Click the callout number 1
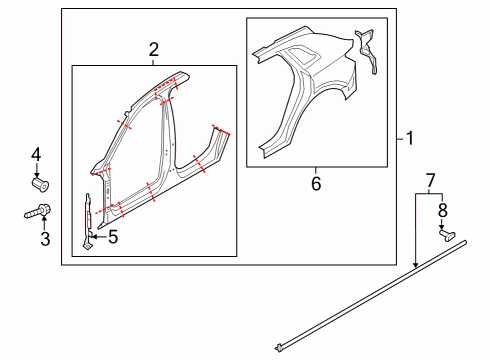[x=409, y=138]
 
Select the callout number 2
[x=154, y=50]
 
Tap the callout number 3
[x=45, y=239]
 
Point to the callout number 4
[x=36, y=155]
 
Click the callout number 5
[x=113, y=237]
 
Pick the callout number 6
[x=316, y=184]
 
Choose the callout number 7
[x=431, y=181]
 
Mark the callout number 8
[x=442, y=210]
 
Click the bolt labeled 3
[x=37, y=211]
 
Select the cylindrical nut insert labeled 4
[x=41, y=185]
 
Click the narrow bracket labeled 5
[x=88, y=221]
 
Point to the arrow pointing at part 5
[x=98, y=237]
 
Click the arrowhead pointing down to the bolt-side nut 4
[x=36, y=175]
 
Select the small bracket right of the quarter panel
[x=366, y=51]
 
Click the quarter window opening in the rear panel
[x=303, y=56]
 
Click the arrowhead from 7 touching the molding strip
[x=416, y=265]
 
